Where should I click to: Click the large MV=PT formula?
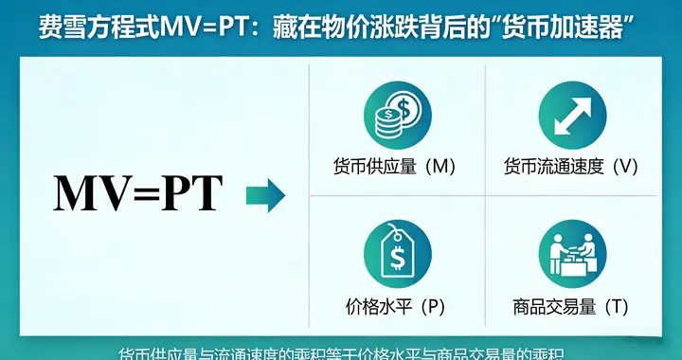pos(138,194)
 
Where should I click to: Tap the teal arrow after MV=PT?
pos(265,196)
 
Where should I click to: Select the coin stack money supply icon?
pos(397,115)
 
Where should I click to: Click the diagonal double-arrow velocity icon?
pos(572,115)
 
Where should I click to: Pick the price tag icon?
pos(397,254)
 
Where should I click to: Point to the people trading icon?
pos(572,254)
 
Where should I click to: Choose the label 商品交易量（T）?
pos(571,306)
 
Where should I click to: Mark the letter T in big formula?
pos(206,194)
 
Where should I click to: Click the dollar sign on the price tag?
pos(397,255)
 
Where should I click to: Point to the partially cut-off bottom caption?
pos(341,352)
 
